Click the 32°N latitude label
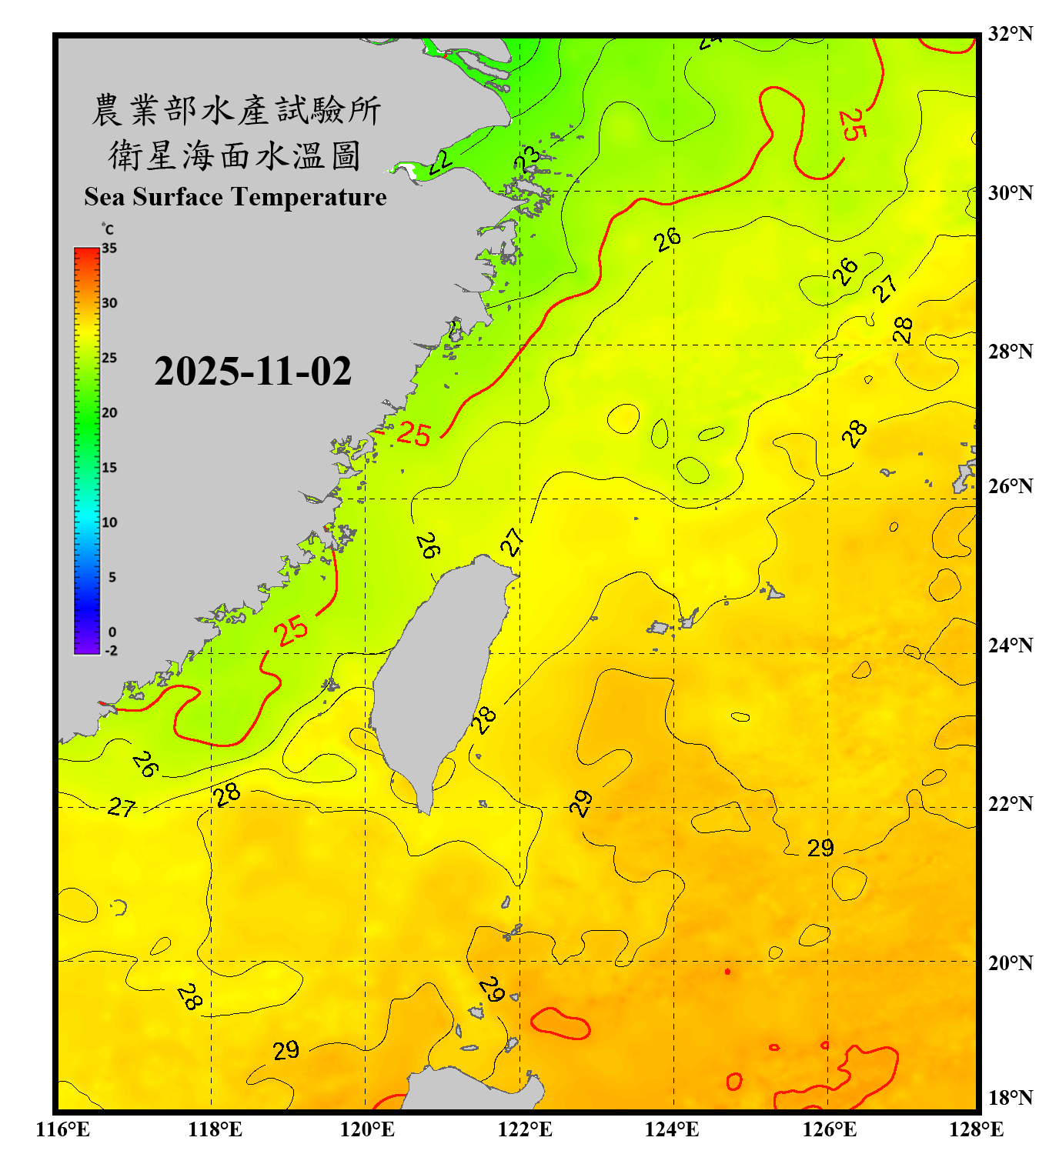pyautogui.click(x=1010, y=34)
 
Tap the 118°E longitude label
pyautogui.click(x=215, y=1129)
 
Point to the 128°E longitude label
pyautogui.click(x=976, y=1129)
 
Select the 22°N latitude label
pyautogui.click(x=1010, y=804)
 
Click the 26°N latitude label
pyautogui.click(x=1010, y=486)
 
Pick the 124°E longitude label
pyautogui.click(x=672, y=1129)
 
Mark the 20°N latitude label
pyautogui.click(x=1010, y=963)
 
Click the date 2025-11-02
pyautogui.click(x=252, y=372)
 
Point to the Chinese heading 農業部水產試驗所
pyautogui.click(x=236, y=110)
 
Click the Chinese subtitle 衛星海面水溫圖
pyautogui.click(x=235, y=155)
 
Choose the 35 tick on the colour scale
pyautogui.click(x=109, y=248)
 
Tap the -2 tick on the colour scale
pyautogui.click(x=111, y=651)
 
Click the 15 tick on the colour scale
pyautogui.click(x=109, y=468)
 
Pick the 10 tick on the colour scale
pyautogui.click(x=109, y=522)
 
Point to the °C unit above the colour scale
pyautogui.click(x=108, y=229)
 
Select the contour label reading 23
pyautogui.click(x=527, y=159)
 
